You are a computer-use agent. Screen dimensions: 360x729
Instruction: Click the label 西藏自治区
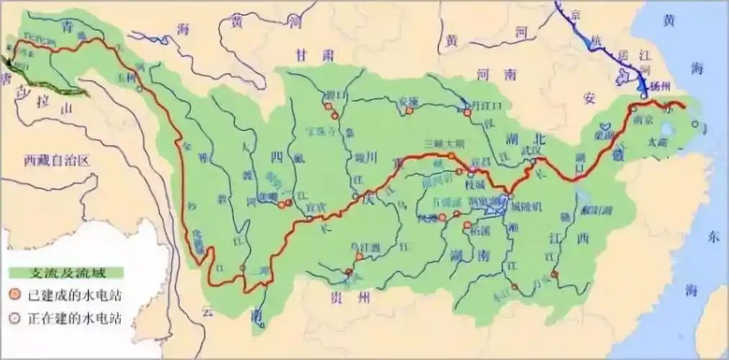55,161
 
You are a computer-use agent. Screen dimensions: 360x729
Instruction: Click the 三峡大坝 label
442,143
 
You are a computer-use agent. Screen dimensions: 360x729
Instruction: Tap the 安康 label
409,101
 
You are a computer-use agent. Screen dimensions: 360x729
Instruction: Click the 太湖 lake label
677,142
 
